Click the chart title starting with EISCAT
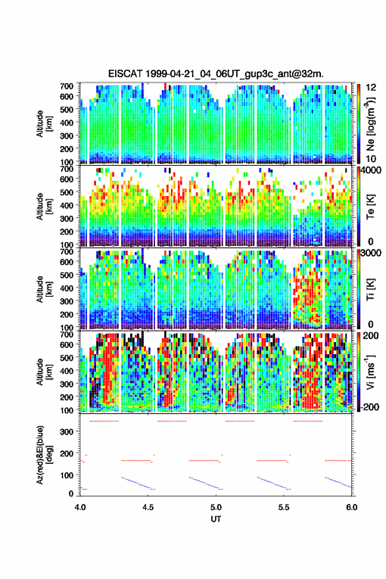[x=216, y=74]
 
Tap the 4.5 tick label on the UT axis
[x=148, y=507]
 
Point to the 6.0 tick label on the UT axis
[x=352, y=507]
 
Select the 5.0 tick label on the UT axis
[x=216, y=507]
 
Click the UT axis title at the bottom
[x=216, y=519]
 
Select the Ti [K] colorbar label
[x=370, y=289]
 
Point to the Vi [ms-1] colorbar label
[x=370, y=371]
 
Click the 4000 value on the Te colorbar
[x=372, y=171]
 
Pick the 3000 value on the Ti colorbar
[x=372, y=253]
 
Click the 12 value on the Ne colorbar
[x=372, y=88]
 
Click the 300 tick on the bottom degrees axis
[x=66, y=432]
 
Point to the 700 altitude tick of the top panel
[x=66, y=86]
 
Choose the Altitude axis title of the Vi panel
[x=43, y=372]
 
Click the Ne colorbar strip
[x=358, y=124]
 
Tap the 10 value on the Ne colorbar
[x=371, y=159]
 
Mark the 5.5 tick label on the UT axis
[x=284, y=507]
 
